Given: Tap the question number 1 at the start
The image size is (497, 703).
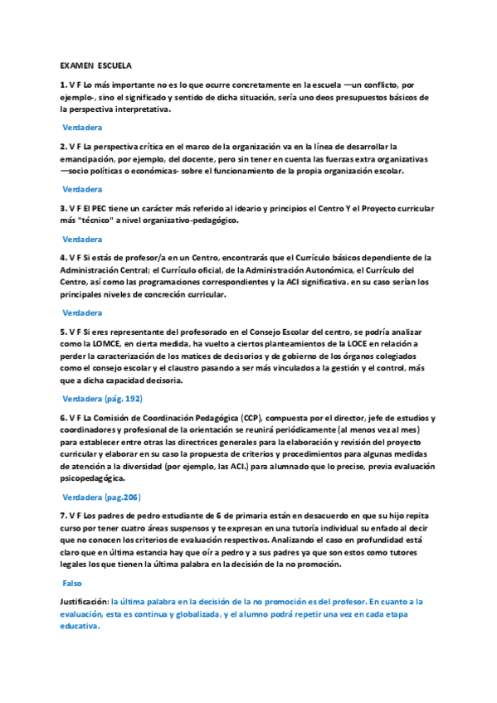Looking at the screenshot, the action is point(62,85).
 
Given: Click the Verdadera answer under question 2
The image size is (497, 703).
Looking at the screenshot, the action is point(82,189).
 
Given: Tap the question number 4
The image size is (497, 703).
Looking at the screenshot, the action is point(62,258).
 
